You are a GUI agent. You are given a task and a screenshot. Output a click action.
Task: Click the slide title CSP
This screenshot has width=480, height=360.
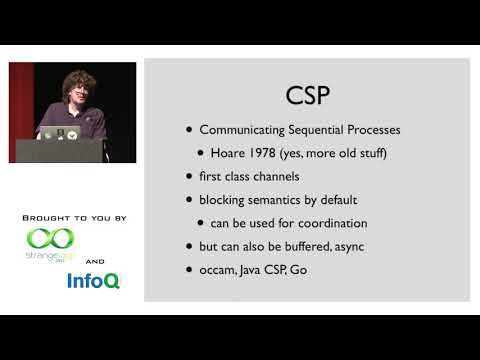309,95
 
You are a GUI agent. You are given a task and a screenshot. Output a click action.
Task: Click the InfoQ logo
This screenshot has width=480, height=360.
93,281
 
